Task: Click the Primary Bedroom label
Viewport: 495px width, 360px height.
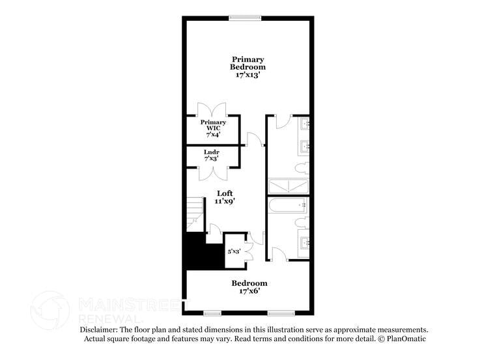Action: [x=247, y=63]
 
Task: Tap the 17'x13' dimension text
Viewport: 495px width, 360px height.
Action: [x=247, y=75]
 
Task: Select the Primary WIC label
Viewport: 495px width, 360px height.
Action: [x=213, y=126]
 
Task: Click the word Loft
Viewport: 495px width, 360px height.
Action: [x=225, y=193]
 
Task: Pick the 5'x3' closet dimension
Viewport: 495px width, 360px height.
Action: [x=234, y=251]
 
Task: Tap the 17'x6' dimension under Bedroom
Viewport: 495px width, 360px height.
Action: [x=249, y=292]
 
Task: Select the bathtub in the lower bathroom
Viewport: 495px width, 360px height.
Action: [x=287, y=206]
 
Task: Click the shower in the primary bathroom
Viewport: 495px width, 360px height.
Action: [x=287, y=186]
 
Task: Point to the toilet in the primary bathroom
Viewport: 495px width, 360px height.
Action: [x=302, y=169]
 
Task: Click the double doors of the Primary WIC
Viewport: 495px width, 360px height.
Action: [x=212, y=108]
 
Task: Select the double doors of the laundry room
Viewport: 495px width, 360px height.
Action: [x=212, y=174]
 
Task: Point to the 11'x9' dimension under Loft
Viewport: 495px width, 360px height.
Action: [x=225, y=202]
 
